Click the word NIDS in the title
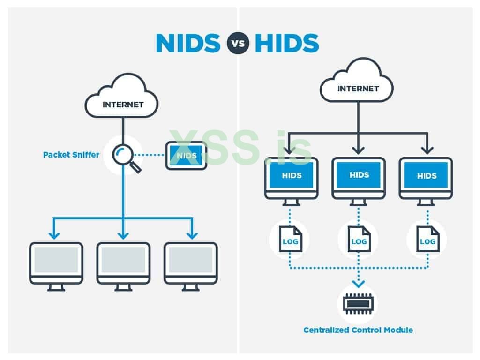[x=187, y=44]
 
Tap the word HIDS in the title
[x=287, y=44]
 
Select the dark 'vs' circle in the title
[x=238, y=44]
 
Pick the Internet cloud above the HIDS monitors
[x=358, y=85]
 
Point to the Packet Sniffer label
[x=71, y=154]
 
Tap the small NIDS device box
[x=186, y=155]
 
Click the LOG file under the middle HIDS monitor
[x=359, y=239]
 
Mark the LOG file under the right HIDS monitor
[x=427, y=239]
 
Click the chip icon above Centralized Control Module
[x=358, y=304]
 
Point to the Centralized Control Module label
[x=358, y=330]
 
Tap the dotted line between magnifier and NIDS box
[x=150, y=154]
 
